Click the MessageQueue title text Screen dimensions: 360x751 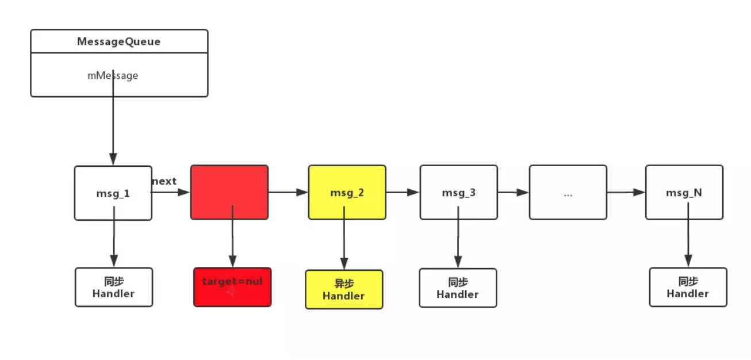(118, 42)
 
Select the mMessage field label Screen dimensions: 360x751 (113, 75)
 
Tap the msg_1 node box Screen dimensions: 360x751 (113, 193)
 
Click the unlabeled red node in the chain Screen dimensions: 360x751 (229, 192)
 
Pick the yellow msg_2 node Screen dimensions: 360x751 (347, 192)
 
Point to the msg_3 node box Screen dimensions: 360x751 (458, 192)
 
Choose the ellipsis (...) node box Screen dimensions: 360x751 (568, 192)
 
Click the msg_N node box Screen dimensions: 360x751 (684, 192)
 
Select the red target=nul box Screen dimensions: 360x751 (232, 287)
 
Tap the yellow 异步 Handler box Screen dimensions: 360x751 (343, 290)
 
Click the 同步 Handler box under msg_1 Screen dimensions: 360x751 (113, 287)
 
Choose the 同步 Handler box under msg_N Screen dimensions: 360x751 (688, 287)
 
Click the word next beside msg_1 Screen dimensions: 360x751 (164, 181)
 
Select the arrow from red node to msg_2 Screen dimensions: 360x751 (288, 192)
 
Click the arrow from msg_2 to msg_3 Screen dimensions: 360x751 (403, 192)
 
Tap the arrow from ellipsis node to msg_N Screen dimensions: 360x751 (626, 192)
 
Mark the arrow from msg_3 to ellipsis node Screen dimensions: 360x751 (513, 192)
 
